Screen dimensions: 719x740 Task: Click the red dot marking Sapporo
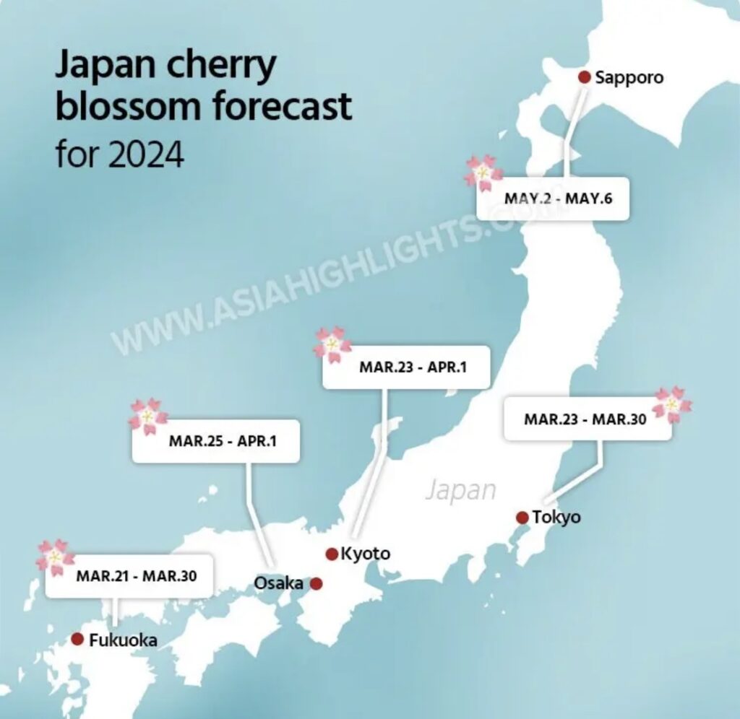(585, 77)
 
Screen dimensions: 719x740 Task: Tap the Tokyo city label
(556, 517)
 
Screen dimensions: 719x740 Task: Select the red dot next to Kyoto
(332, 554)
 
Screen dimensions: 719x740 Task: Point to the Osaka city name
(279, 583)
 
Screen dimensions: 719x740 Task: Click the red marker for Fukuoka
(77, 639)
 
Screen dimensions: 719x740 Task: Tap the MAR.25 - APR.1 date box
(215, 441)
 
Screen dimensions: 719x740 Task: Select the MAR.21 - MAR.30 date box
(129, 575)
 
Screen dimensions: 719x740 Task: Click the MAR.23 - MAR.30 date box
(587, 418)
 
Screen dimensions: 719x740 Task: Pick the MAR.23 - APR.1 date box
(407, 367)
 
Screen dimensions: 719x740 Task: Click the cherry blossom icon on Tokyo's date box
(671, 405)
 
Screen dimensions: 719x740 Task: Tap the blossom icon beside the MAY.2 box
(483, 173)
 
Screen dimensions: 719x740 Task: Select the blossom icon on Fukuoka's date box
(55, 557)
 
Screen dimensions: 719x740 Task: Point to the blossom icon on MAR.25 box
(148, 417)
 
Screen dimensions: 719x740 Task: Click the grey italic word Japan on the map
(460, 489)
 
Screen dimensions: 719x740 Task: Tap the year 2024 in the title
(147, 154)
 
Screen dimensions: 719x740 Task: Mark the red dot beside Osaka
(316, 583)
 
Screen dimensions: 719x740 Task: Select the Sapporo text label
(629, 77)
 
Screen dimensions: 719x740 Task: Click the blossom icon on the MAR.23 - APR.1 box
(332, 344)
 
